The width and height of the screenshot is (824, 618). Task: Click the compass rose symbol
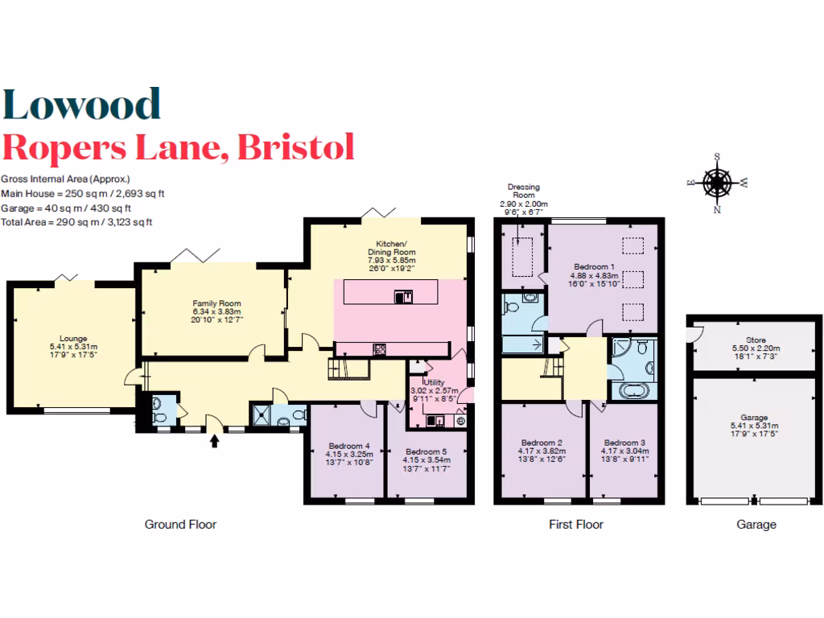coord(716,183)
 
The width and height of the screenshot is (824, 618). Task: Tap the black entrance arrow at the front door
coord(214,440)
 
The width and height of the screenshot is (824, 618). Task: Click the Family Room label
coord(212,303)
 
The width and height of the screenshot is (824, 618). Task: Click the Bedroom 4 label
coord(349,446)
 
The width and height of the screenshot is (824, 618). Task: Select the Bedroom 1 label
coord(595,266)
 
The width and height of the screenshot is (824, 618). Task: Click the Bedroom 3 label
coord(624,443)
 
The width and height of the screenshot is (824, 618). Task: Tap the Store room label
coord(756,340)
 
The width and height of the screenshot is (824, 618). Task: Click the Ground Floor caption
coord(180,525)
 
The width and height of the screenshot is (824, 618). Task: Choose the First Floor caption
coord(575,525)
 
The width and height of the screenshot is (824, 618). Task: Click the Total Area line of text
coord(76,221)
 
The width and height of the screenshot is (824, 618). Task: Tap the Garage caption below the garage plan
coord(756,525)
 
